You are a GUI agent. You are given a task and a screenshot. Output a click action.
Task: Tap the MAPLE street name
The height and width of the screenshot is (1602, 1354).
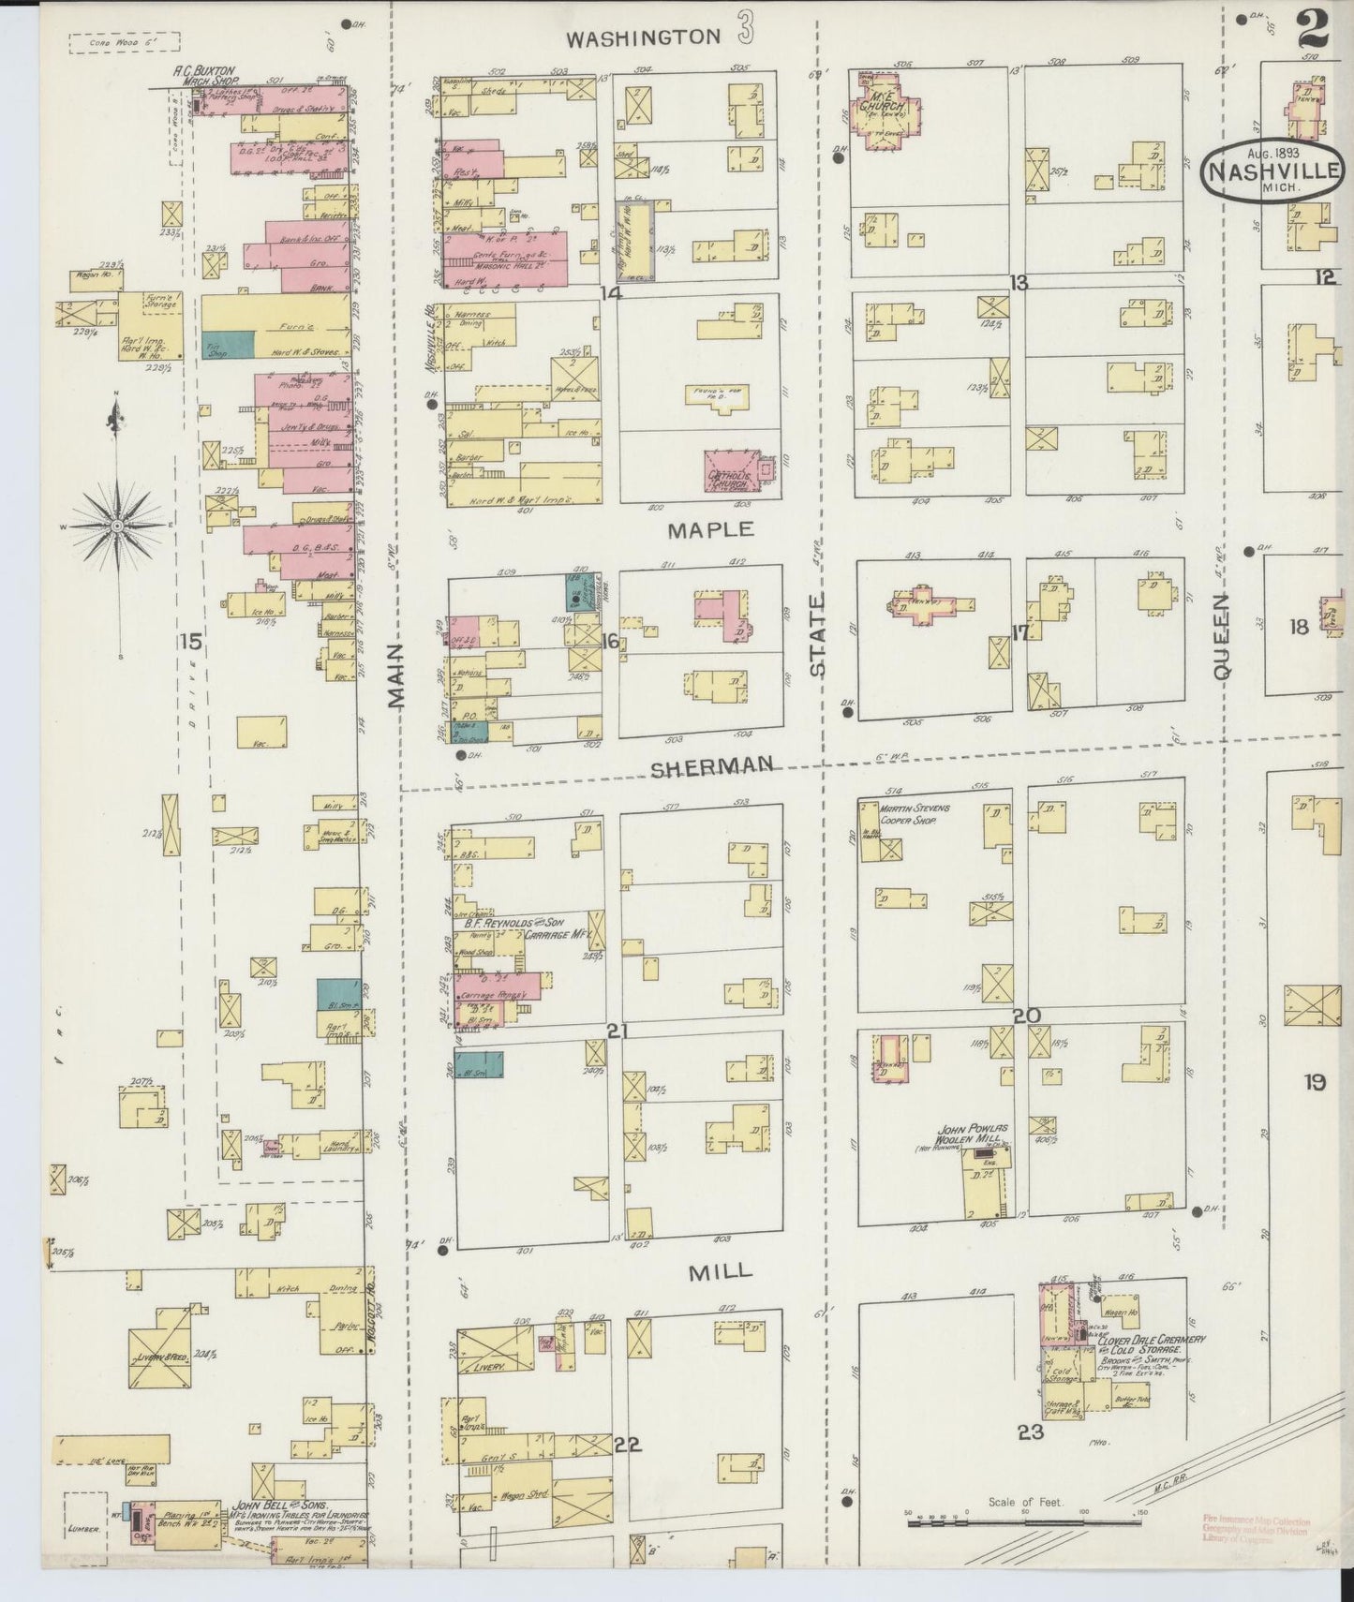[710, 529]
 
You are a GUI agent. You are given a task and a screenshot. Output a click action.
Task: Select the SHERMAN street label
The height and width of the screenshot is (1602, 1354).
[712, 765]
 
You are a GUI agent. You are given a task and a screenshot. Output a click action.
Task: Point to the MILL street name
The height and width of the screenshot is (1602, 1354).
[721, 1270]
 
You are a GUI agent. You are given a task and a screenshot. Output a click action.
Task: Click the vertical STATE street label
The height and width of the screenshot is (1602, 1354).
[818, 634]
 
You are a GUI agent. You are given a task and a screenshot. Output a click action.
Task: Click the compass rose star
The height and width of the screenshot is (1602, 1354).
[116, 527]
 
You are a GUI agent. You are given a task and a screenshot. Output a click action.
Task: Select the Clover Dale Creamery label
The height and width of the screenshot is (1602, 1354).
[1151, 1341]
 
